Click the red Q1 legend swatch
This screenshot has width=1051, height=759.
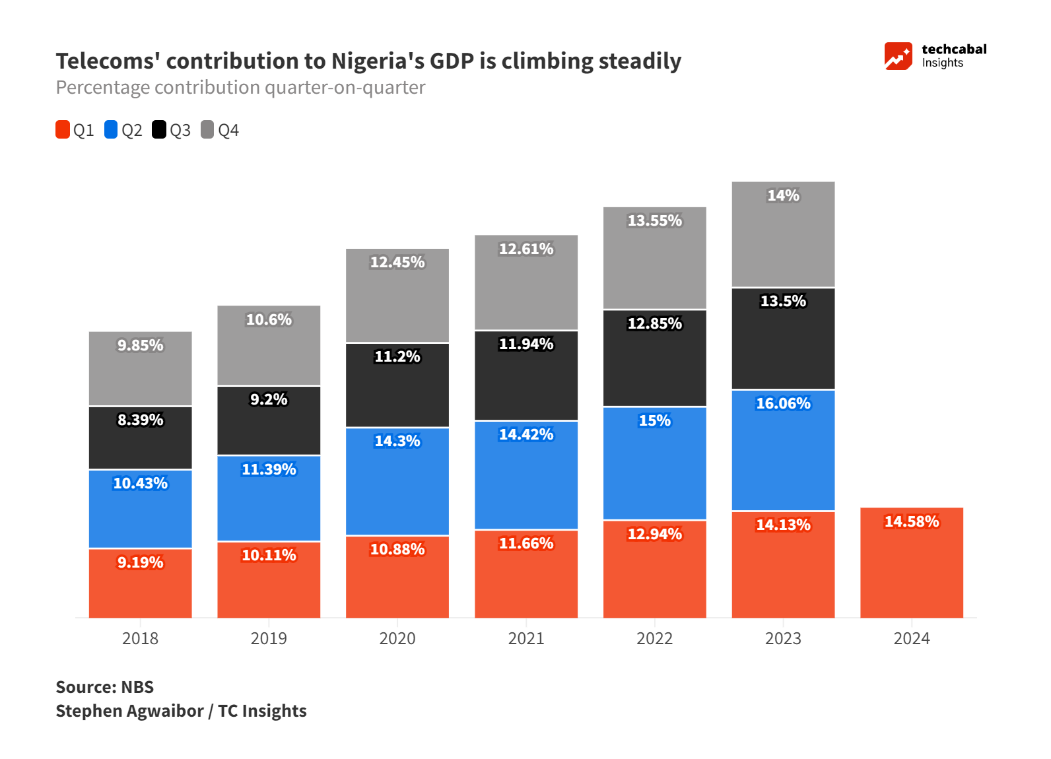(x=63, y=130)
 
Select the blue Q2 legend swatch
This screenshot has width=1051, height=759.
(x=111, y=130)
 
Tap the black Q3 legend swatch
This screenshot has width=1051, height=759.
(x=159, y=130)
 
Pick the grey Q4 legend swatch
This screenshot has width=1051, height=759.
(x=207, y=130)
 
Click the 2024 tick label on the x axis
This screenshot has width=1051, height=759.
(x=911, y=638)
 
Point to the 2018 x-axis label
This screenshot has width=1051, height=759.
(x=140, y=638)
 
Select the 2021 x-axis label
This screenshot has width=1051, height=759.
(x=525, y=638)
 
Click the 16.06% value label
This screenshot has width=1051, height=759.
(x=783, y=403)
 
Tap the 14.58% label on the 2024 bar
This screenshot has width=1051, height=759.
(x=911, y=521)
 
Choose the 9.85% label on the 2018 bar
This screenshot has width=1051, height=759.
(x=140, y=345)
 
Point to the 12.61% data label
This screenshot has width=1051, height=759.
(x=525, y=249)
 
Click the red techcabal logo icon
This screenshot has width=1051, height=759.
(x=898, y=56)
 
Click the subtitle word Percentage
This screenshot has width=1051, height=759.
(x=102, y=87)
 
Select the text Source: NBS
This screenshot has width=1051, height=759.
(x=104, y=687)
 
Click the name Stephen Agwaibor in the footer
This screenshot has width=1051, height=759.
(x=129, y=711)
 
